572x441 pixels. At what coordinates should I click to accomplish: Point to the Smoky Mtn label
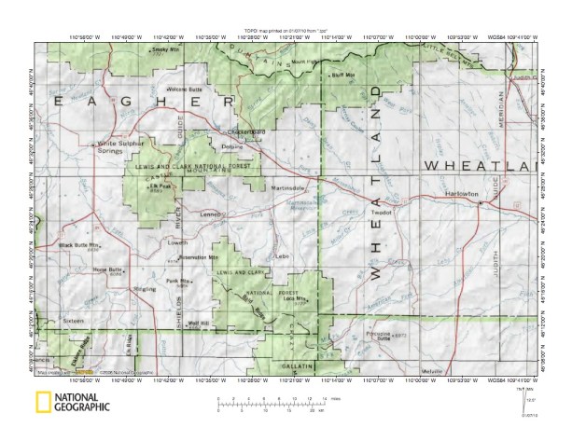click(x=164, y=48)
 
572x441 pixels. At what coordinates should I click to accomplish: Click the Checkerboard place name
click(x=244, y=131)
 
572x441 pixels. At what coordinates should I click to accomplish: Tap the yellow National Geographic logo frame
click(x=43, y=404)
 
